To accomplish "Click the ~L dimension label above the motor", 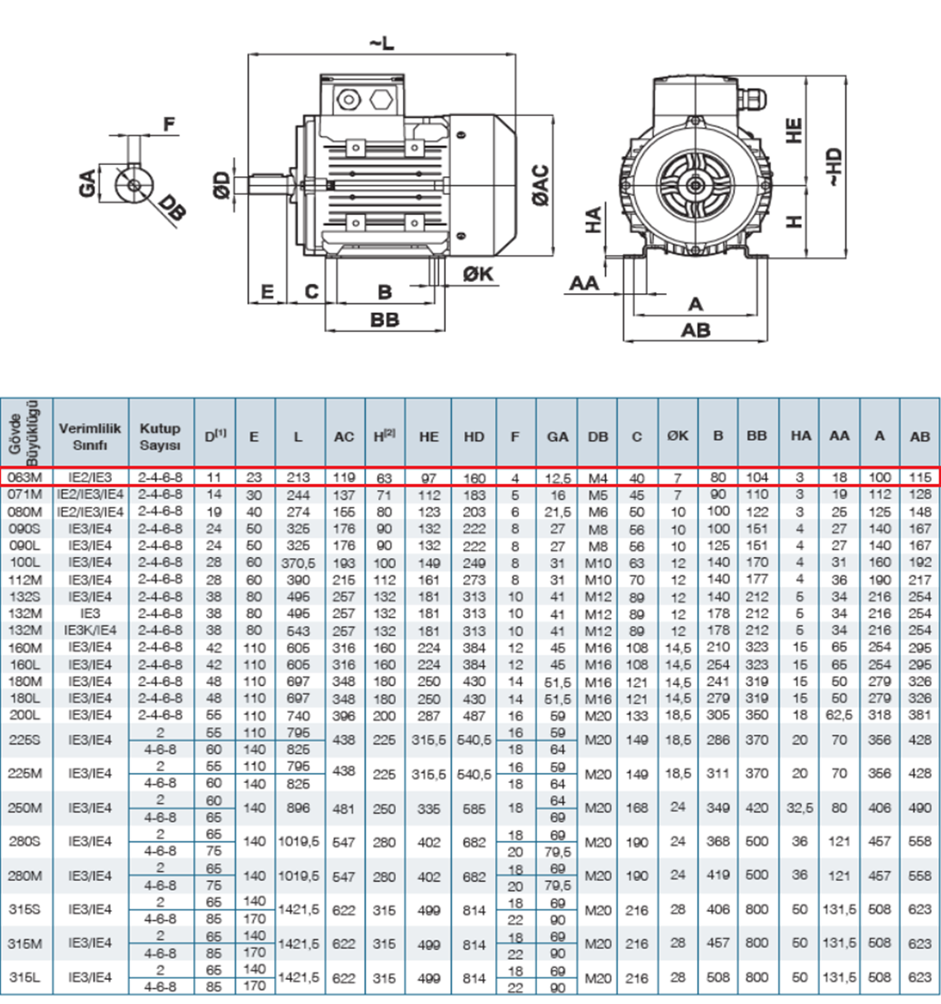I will point(382,43).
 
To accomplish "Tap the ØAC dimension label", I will point(541,186).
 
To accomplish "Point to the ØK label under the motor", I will point(478,273).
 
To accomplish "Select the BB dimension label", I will point(385,319).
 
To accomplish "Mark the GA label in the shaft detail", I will point(87,182).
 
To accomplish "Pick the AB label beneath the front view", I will point(695,330).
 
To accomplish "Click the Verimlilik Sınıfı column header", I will point(90,436).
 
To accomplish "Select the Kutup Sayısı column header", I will point(161,436).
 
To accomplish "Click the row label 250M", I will point(25,808).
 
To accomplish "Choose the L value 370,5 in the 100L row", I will point(297,562).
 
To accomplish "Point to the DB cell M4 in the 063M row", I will point(597,477).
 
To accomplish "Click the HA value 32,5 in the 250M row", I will point(800,808).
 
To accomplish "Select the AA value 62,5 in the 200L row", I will point(840,715).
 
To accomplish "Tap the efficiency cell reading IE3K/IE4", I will point(90,630).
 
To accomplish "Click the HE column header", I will point(429,437).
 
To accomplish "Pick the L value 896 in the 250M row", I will point(297,808).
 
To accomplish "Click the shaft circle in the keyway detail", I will point(134,185).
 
